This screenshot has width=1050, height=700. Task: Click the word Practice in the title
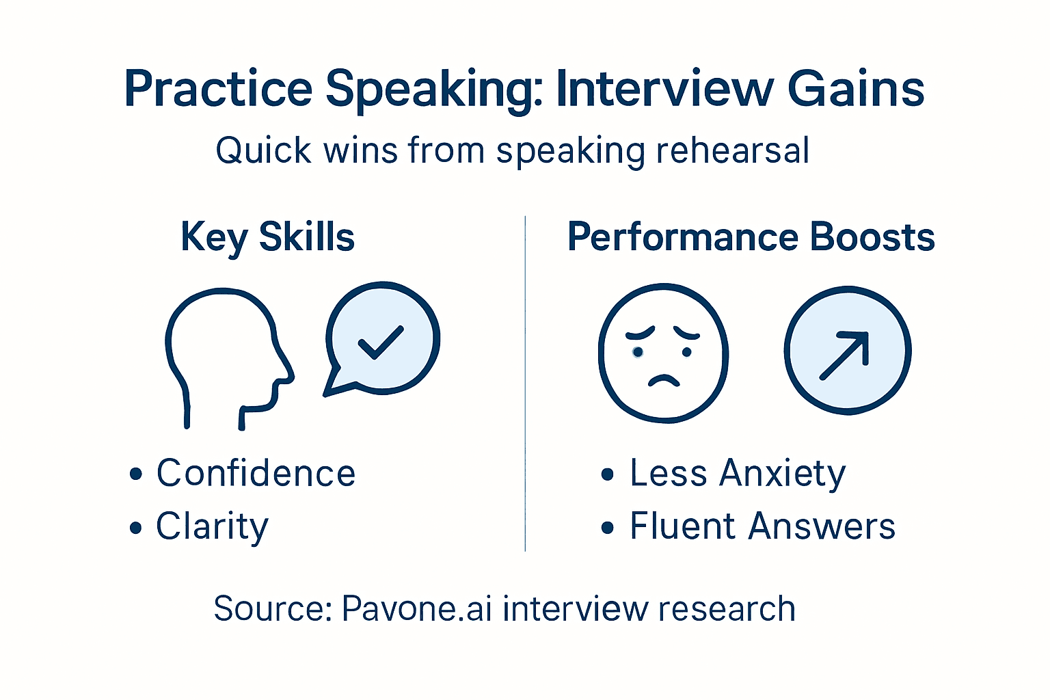(218, 90)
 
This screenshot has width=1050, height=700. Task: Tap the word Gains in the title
(856, 90)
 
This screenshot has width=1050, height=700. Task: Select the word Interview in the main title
(664, 90)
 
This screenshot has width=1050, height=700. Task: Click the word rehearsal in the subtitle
(732, 150)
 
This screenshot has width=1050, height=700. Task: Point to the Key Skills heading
(267, 237)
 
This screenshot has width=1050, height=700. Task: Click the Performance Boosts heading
(751, 237)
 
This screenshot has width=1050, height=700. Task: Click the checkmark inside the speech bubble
(380, 341)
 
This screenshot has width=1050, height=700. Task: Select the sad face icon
(663, 352)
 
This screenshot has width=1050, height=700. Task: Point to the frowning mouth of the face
(663, 380)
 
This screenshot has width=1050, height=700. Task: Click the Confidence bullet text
(256, 473)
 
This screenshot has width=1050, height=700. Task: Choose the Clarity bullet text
(212, 526)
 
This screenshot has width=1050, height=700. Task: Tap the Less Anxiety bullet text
(738, 473)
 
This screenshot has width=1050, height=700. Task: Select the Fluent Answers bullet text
(762, 526)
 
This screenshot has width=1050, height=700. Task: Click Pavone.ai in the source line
(416, 608)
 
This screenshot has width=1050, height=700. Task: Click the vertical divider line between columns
(525, 383)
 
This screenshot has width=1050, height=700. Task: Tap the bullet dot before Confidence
(136, 474)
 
